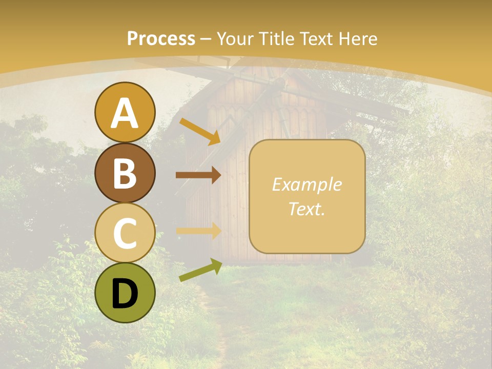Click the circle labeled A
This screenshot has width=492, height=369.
[125, 112]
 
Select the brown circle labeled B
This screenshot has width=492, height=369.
[125, 173]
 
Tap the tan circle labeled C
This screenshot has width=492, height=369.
[125, 233]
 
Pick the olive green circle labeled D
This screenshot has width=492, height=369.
[125, 293]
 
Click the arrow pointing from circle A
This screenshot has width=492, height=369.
[199, 131]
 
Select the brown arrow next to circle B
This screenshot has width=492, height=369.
[198, 175]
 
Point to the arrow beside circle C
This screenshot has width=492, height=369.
[198, 231]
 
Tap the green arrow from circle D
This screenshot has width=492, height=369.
[200, 270]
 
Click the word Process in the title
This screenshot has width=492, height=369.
[161, 38]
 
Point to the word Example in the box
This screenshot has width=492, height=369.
[306, 184]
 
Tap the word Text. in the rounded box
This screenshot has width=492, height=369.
[306, 209]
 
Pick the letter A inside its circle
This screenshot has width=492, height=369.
[125, 113]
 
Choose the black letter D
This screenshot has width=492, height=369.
[125, 294]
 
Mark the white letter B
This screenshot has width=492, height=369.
[125, 173]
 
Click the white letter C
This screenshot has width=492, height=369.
[125, 233]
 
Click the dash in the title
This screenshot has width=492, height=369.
[206, 39]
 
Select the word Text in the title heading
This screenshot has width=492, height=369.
[316, 38]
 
